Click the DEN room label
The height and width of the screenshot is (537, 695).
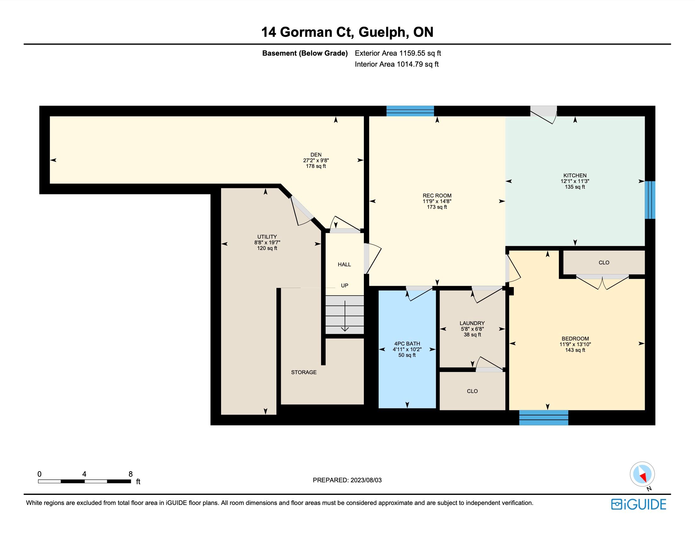[x=316, y=155]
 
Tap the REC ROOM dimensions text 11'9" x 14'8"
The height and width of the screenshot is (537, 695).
[x=437, y=201]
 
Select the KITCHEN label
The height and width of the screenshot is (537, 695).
[x=575, y=175]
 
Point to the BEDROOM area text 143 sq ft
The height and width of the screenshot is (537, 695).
[x=575, y=350]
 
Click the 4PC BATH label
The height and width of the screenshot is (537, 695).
[x=407, y=344]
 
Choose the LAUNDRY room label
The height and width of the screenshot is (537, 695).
[x=472, y=323]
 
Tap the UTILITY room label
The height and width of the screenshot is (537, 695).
[x=267, y=237]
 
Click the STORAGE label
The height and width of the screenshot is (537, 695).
[x=303, y=372]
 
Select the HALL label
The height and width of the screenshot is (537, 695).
[x=344, y=264]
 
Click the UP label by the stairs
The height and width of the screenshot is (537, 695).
[x=344, y=286]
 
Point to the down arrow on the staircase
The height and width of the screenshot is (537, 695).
[x=345, y=316]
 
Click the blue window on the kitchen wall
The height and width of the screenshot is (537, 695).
[x=650, y=200]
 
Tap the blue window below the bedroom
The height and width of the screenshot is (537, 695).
[x=543, y=418]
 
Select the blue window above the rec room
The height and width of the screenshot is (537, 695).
[x=410, y=111]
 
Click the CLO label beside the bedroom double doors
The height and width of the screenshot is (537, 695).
[x=604, y=263]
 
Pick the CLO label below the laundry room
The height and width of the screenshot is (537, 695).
[x=472, y=391]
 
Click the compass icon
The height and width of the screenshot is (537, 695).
[x=642, y=474]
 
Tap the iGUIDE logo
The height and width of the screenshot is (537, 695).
[x=639, y=504]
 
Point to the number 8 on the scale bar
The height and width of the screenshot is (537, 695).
[x=131, y=474]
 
